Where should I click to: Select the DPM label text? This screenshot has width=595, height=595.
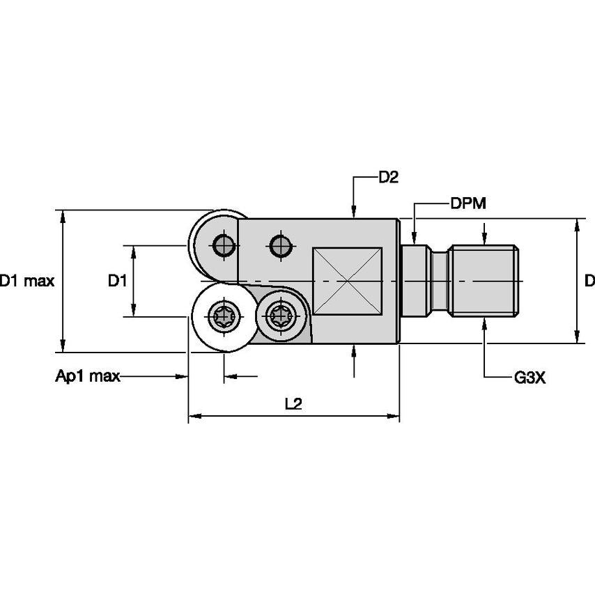pyautogui.click(x=467, y=203)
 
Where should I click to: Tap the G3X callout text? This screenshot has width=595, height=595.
pyautogui.click(x=530, y=378)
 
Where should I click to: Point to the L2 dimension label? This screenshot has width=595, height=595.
pyautogui.click(x=293, y=404)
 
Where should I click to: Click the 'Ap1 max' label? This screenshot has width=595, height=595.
pyautogui.click(x=88, y=377)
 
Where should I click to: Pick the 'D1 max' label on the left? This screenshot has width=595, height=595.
pyautogui.click(x=26, y=281)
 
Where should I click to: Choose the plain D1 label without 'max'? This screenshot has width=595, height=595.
pyautogui.click(x=116, y=281)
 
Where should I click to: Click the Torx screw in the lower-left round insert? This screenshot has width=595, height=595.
pyautogui.click(x=224, y=317)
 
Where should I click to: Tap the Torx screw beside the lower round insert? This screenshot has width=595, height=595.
pyautogui.click(x=281, y=317)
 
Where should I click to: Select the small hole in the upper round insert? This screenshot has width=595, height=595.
pyautogui.click(x=224, y=245)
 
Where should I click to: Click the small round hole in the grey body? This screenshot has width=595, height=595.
pyautogui.click(x=281, y=245)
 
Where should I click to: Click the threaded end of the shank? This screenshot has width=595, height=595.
pyautogui.click(x=485, y=281)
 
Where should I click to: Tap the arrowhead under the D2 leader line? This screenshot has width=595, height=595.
pyautogui.click(x=355, y=212)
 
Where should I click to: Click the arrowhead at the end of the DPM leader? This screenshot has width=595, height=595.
pyautogui.click(x=415, y=235)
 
